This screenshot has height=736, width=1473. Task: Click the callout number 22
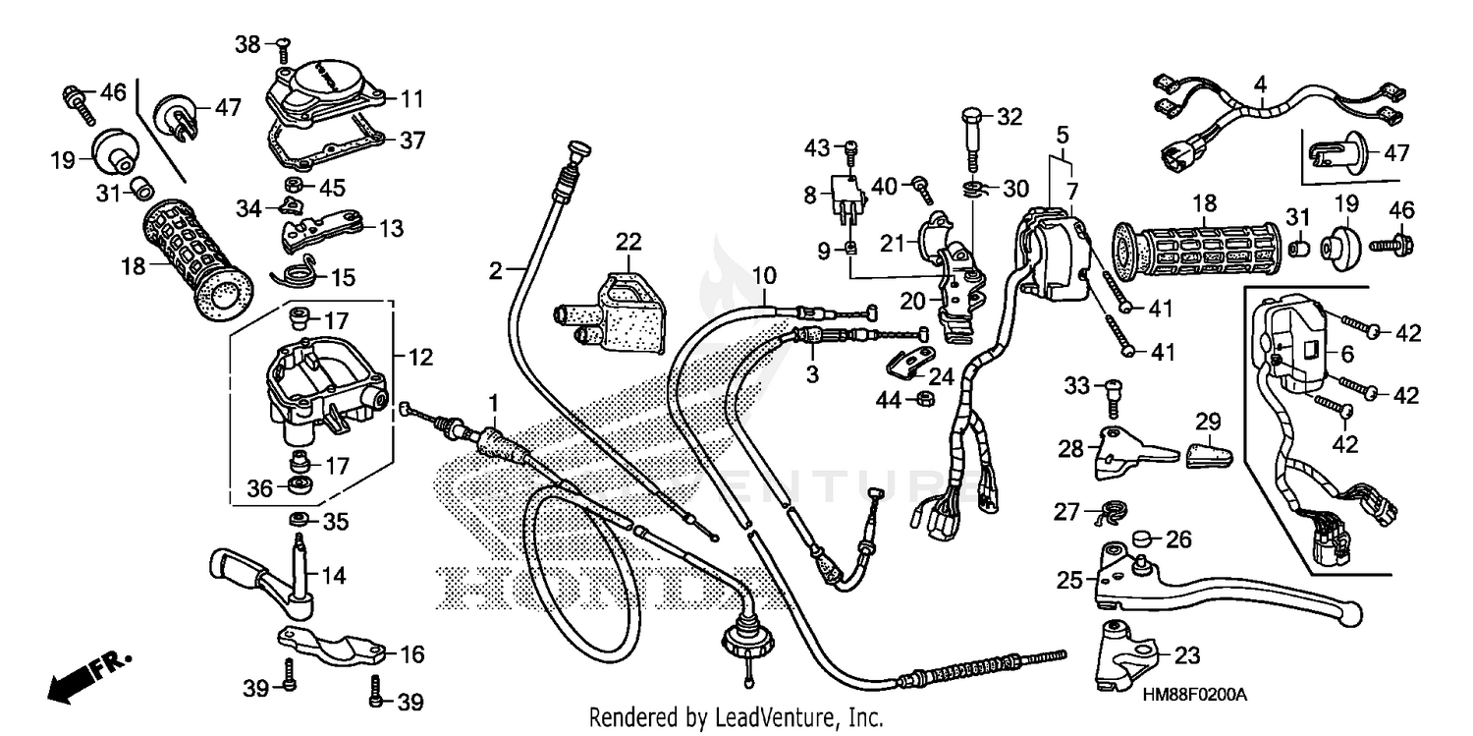pos(627,241)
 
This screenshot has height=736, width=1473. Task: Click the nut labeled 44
pos(924,398)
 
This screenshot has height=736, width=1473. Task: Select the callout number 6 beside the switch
pos(1332,355)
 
